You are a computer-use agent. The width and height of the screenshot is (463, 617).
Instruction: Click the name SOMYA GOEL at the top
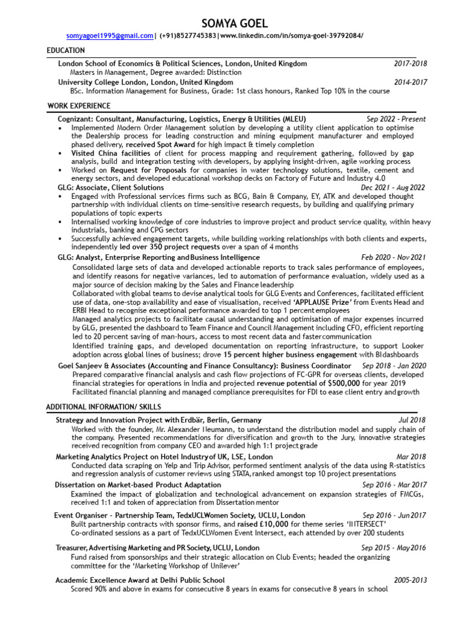[231, 23]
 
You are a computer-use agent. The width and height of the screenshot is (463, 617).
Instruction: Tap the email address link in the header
[110, 36]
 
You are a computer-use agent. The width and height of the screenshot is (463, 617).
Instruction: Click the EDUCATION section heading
[66, 51]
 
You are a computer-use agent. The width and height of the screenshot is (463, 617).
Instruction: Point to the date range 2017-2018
[411, 63]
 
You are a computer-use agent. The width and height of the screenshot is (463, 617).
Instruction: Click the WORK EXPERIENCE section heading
[79, 107]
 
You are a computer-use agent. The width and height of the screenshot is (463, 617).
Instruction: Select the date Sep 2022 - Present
[396, 119]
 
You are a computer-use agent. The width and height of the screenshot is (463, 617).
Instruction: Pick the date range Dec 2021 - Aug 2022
[391, 188]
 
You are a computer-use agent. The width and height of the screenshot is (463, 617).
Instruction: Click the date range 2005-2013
[411, 580]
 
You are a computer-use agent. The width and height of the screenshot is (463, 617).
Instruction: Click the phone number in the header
[188, 36]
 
